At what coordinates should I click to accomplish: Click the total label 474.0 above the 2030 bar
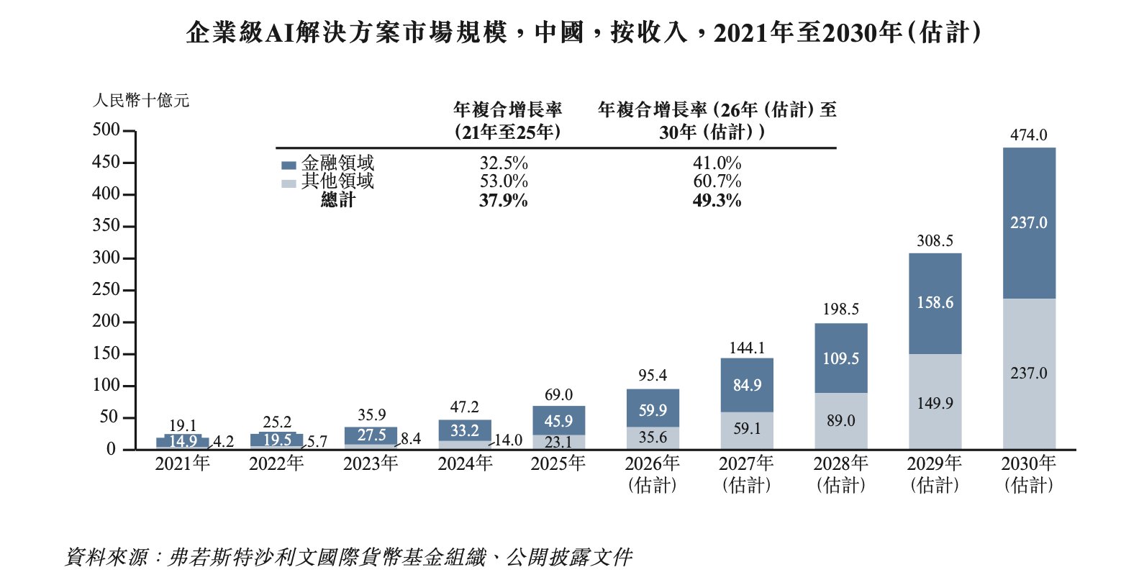click(1028, 135)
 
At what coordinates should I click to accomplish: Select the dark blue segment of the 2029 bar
click(935, 303)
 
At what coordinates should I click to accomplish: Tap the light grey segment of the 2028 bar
click(840, 421)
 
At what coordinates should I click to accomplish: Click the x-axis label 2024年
click(465, 463)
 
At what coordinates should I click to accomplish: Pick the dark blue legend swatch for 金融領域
click(289, 165)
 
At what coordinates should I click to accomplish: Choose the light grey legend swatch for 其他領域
click(289, 183)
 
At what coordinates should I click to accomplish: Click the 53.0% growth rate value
click(504, 181)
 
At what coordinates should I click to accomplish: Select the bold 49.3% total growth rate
click(717, 201)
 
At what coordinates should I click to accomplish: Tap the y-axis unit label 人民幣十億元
click(141, 101)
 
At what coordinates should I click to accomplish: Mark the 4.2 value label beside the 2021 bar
click(223, 441)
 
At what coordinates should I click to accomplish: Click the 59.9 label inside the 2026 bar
click(653, 410)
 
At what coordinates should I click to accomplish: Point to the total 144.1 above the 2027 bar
click(747, 348)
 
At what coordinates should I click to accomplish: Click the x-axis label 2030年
click(1028, 463)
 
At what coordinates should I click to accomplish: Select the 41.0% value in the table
click(717, 163)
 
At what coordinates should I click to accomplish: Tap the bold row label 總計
click(338, 200)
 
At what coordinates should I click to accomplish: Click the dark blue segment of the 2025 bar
click(558, 420)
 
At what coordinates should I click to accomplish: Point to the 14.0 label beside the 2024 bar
click(508, 440)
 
